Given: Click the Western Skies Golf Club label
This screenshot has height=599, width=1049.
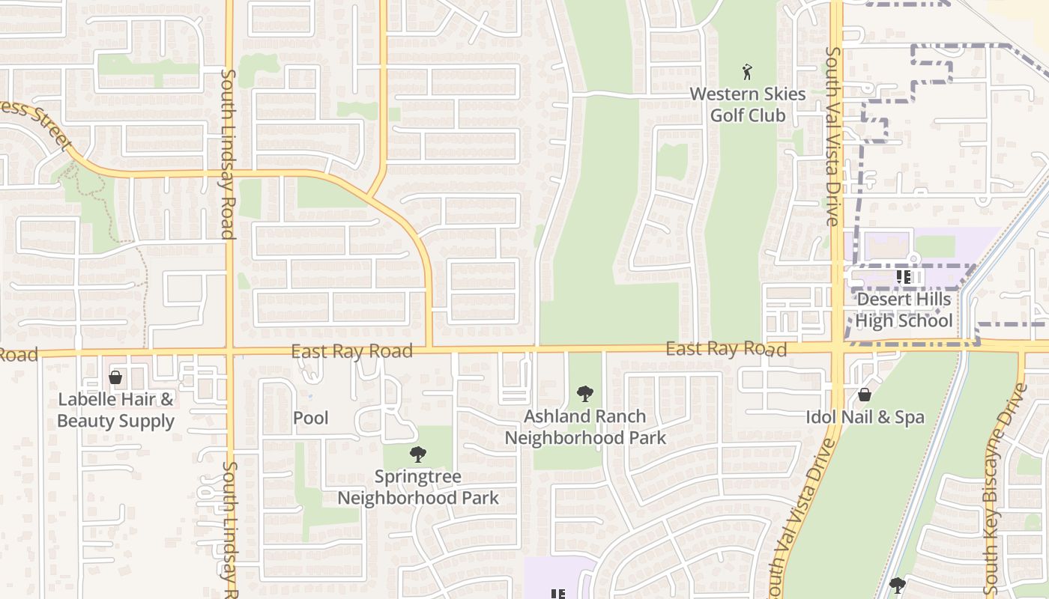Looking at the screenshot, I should click(747, 105).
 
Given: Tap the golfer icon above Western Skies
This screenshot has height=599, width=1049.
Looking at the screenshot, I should click(747, 72).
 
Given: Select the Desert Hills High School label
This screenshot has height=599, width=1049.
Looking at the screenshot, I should click(904, 310).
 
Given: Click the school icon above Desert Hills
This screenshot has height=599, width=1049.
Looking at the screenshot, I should click(904, 277).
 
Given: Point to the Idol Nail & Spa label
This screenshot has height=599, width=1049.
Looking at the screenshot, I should click(865, 417).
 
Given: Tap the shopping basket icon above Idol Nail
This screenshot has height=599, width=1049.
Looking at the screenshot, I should click(865, 395).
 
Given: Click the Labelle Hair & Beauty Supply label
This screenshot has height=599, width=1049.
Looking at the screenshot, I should click(115, 410).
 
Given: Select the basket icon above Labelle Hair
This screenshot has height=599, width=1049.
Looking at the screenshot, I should click(115, 377).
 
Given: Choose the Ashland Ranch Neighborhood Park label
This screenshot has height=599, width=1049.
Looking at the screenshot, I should click(585, 427).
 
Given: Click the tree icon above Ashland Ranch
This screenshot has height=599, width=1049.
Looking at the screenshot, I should click(585, 394).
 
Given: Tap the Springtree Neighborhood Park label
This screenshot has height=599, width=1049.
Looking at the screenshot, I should click(417, 487).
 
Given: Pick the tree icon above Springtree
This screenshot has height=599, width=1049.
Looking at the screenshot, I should click(417, 454).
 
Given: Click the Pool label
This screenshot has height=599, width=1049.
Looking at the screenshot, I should click(310, 418).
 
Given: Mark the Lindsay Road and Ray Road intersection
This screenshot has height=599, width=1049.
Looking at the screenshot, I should click(229, 351).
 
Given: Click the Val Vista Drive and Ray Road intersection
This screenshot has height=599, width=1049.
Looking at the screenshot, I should click(838, 348).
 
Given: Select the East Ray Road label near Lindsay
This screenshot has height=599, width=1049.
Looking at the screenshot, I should click(351, 351).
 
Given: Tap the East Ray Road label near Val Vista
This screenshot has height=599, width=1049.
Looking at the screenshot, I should click(726, 349).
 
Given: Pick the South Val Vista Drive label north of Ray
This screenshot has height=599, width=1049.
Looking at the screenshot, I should click(832, 136).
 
